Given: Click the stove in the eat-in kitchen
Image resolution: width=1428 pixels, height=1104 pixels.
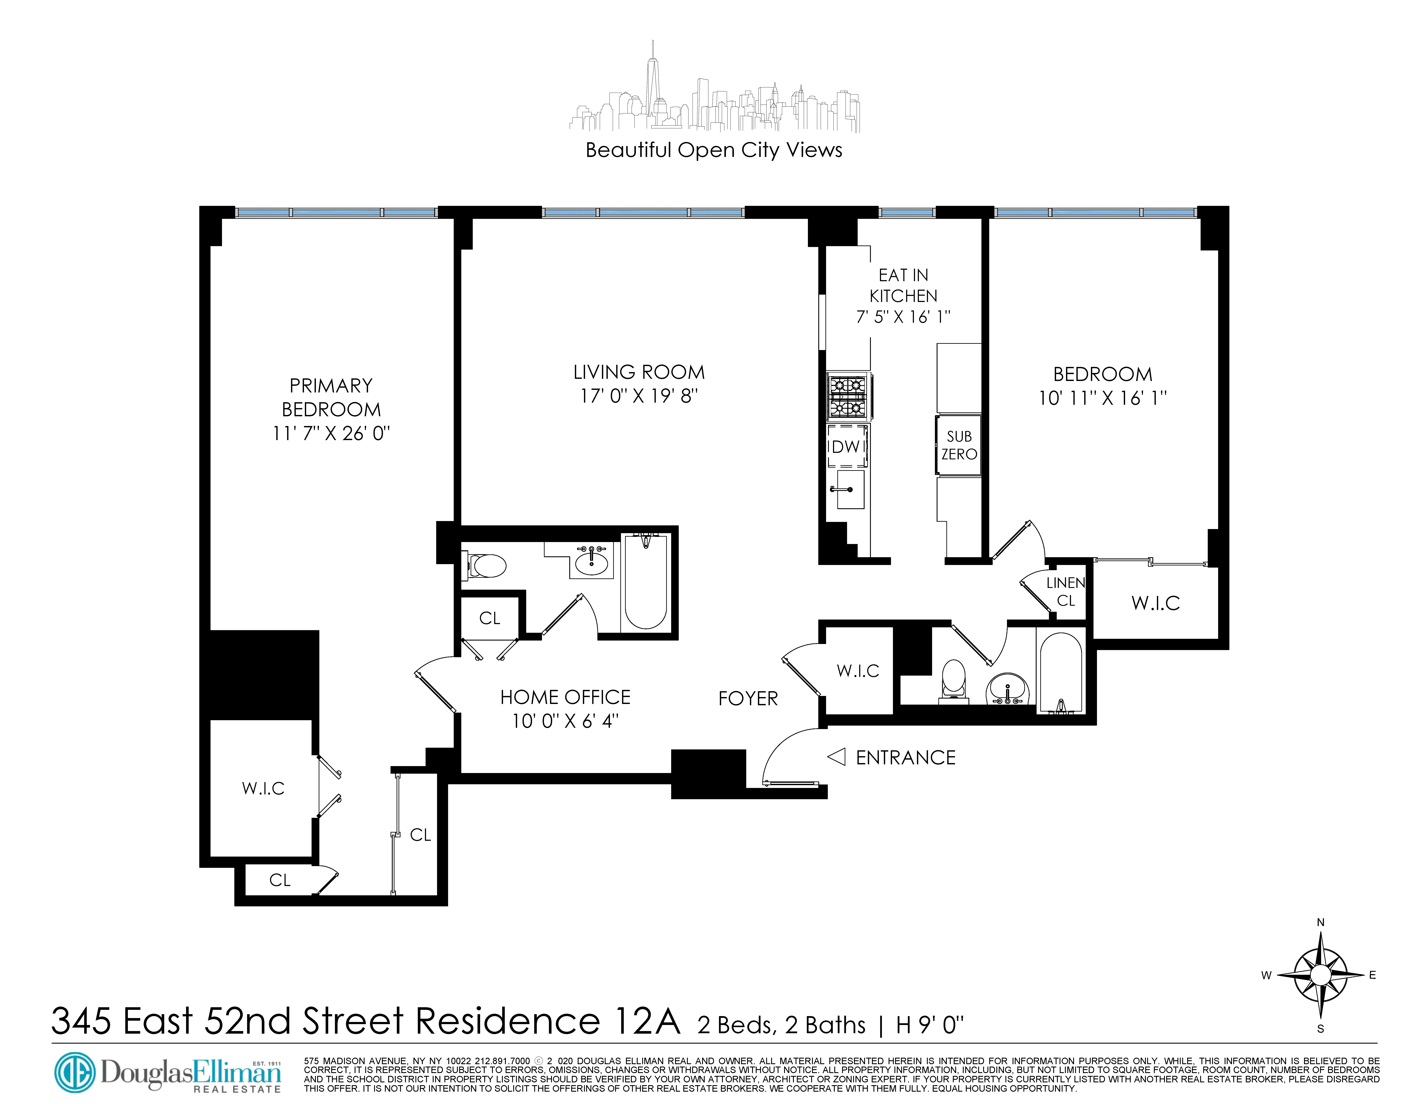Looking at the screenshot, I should pyautogui.click(x=847, y=396).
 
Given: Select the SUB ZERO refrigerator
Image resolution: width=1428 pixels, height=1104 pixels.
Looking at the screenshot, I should pyautogui.click(x=958, y=445).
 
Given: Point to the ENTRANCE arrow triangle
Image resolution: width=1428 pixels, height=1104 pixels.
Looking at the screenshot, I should pyautogui.click(x=836, y=757).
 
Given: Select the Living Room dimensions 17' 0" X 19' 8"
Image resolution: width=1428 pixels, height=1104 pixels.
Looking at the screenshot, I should pyautogui.click(x=639, y=396).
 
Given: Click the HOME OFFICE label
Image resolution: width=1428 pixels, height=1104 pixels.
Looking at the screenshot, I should pyautogui.click(x=565, y=697).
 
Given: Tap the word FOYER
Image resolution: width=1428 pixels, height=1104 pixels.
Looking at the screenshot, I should pyautogui.click(x=748, y=699).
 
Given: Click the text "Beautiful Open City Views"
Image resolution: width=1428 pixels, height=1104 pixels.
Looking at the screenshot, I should pyautogui.click(x=713, y=150).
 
